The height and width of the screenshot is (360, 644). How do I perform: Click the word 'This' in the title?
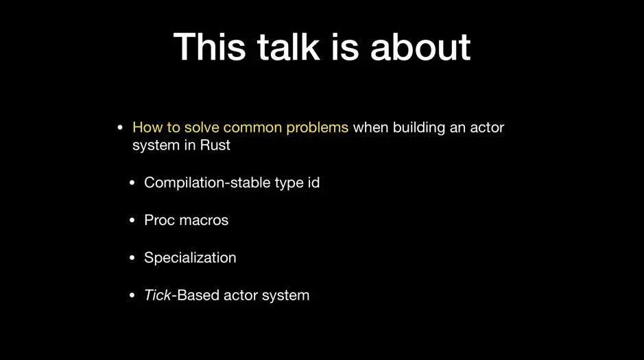click(209, 47)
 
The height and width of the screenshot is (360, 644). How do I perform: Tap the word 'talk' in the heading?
click(288, 47)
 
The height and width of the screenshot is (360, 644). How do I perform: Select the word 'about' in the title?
click(420, 47)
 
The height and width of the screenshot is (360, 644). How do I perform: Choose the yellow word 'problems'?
click(317, 128)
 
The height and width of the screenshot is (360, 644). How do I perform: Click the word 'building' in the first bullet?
click(419, 128)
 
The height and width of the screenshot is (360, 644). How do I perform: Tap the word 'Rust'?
click(215, 145)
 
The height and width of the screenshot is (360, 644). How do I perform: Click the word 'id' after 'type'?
click(314, 182)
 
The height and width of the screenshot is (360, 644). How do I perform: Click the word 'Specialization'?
click(190, 258)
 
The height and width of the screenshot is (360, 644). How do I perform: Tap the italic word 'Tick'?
click(157, 295)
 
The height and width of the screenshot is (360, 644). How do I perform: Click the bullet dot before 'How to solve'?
click(120, 128)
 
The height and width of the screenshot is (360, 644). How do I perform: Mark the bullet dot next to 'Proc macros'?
click(132, 220)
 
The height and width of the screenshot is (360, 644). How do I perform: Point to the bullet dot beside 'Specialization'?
click(132, 258)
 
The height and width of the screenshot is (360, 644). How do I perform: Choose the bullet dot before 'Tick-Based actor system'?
click(132, 295)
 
